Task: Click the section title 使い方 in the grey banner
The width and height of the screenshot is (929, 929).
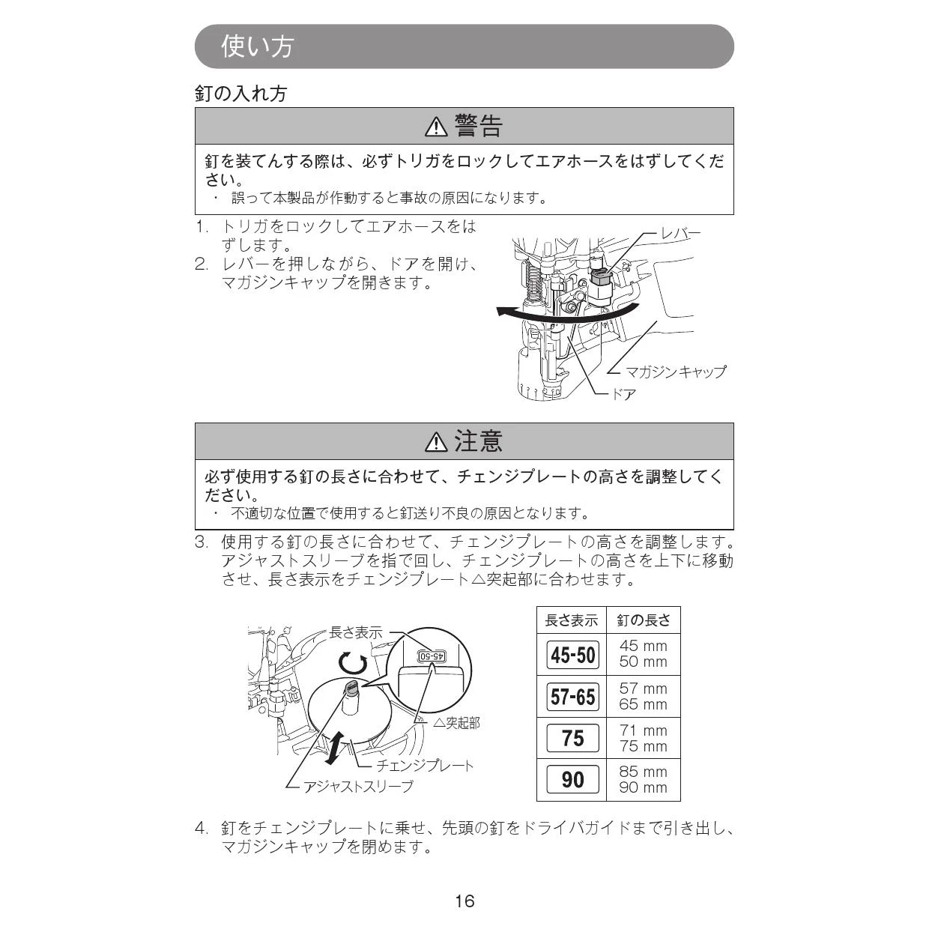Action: pos(257,46)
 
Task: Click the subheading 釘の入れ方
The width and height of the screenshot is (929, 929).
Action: pos(241,93)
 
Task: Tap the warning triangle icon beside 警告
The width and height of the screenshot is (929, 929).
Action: pos(436,127)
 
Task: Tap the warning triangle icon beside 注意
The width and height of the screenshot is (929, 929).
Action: pos(436,441)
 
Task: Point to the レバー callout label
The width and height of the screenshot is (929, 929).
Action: pos(680,234)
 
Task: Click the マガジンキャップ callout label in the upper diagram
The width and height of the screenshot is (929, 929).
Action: pos(676,372)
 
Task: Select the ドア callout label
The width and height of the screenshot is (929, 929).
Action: pos(623,394)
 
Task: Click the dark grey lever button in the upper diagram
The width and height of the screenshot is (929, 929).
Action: pos(600,276)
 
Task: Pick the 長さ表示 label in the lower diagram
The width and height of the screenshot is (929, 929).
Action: pos(356,632)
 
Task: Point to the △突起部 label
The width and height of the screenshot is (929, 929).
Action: pos(456,723)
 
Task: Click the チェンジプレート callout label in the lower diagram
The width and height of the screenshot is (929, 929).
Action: pos(425,766)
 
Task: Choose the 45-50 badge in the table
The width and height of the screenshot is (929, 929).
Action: pos(572,655)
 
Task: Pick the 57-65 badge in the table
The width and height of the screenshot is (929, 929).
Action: pos(572,697)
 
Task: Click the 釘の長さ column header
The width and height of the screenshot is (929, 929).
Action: pos(644,620)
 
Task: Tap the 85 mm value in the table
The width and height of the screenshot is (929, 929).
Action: pos(643,772)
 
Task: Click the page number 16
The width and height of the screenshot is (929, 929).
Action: pos(464,901)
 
